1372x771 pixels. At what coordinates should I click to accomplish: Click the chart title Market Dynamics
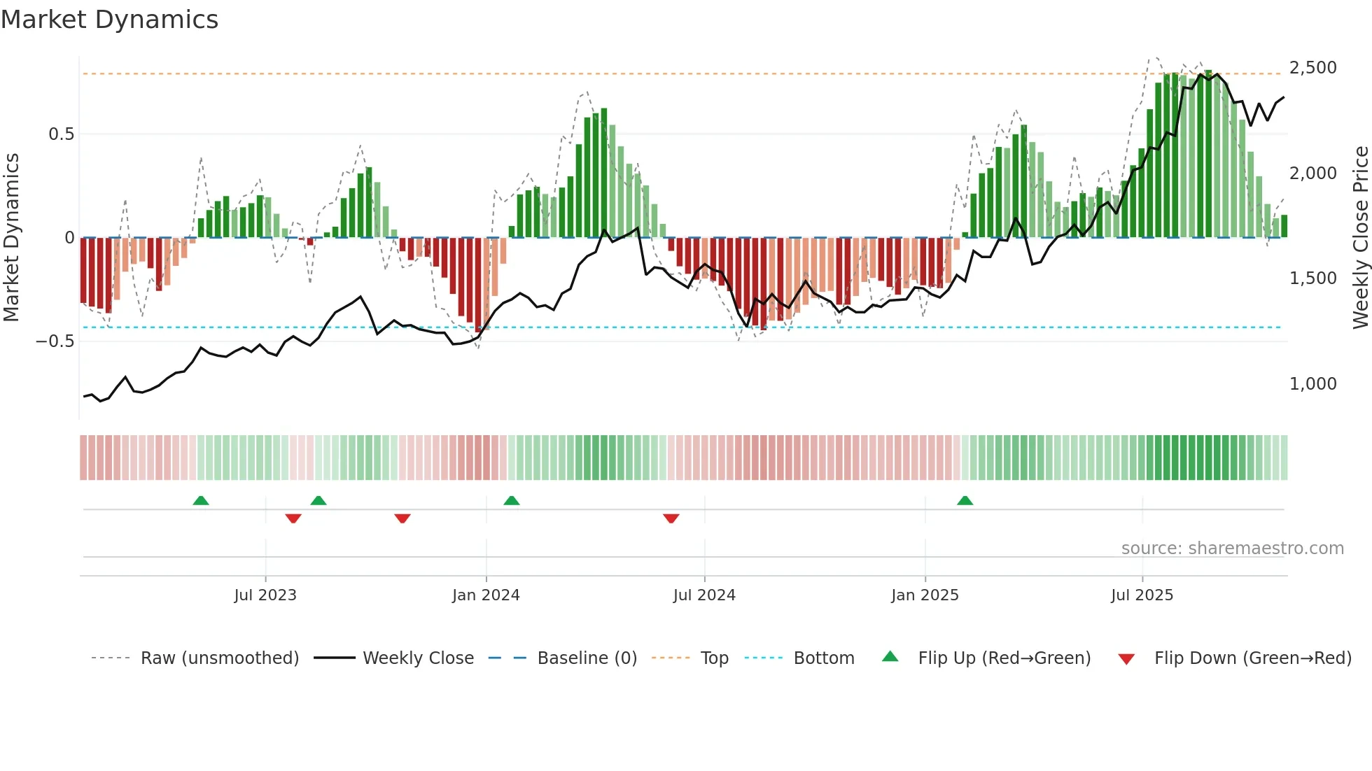[109, 20]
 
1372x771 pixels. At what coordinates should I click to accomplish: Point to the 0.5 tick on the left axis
[61, 134]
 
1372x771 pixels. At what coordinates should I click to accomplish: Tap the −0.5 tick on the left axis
[55, 341]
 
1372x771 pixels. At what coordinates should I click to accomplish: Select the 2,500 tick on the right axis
[1312, 68]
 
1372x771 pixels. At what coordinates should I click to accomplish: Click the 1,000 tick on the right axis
[1312, 383]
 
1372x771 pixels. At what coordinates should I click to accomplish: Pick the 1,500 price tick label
[1312, 278]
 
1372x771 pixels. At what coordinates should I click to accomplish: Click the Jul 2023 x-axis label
[265, 595]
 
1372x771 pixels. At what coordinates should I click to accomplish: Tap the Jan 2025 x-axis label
[925, 595]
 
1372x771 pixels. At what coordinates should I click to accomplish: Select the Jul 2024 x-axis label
[704, 595]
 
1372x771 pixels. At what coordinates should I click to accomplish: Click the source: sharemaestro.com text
[1232, 549]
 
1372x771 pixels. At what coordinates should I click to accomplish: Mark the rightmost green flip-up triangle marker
[965, 500]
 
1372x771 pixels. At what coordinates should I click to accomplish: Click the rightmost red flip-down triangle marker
[671, 518]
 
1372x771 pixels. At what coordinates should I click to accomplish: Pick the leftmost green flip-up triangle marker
[201, 500]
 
